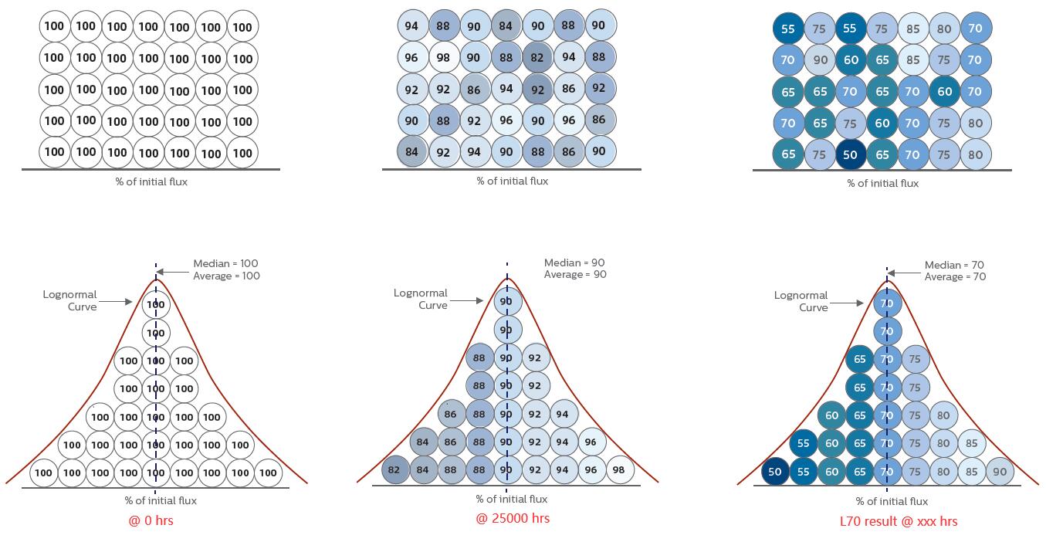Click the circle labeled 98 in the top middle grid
[x=443, y=58]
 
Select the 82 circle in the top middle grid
[x=538, y=58]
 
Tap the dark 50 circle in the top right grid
[x=850, y=154]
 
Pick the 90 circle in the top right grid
[x=820, y=59]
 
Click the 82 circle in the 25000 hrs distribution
[x=394, y=470]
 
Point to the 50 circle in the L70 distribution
[x=775, y=472]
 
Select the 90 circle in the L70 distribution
[x=1000, y=472]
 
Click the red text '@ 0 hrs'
[x=151, y=520]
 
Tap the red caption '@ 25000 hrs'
[x=513, y=518]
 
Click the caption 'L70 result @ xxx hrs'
[x=899, y=521]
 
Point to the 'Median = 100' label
[x=226, y=264]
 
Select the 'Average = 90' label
[x=575, y=275]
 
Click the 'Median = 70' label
[x=955, y=266]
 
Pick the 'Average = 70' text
[x=955, y=276]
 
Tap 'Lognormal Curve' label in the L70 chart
[x=801, y=301]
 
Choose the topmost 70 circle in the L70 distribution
[x=887, y=303]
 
